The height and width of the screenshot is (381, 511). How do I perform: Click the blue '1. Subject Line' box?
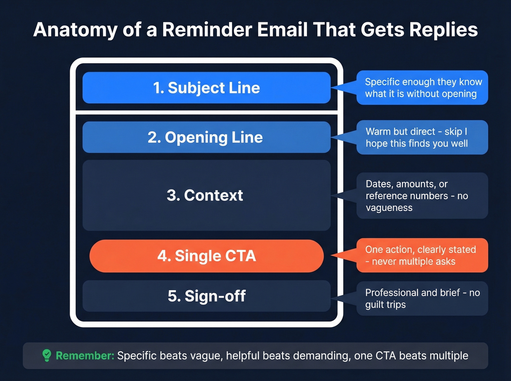[206, 88]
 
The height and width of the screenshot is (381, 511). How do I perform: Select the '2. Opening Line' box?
[206, 137]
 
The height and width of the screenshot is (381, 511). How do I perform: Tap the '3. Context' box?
[206, 195]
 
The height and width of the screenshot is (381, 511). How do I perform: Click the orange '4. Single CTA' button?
[206, 256]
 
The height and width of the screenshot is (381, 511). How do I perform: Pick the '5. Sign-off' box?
[206, 296]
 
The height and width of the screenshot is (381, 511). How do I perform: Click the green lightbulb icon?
[47, 355]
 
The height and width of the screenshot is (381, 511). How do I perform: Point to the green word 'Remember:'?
[85, 355]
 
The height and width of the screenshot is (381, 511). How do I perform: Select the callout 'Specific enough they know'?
[423, 88]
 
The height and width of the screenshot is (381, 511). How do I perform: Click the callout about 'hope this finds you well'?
[423, 137]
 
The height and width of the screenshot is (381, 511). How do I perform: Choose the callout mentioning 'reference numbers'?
[423, 196]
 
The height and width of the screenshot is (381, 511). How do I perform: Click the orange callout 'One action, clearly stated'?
[423, 256]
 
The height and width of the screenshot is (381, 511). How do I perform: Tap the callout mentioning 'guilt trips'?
[423, 298]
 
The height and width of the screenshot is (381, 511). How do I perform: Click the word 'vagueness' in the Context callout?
[389, 208]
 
